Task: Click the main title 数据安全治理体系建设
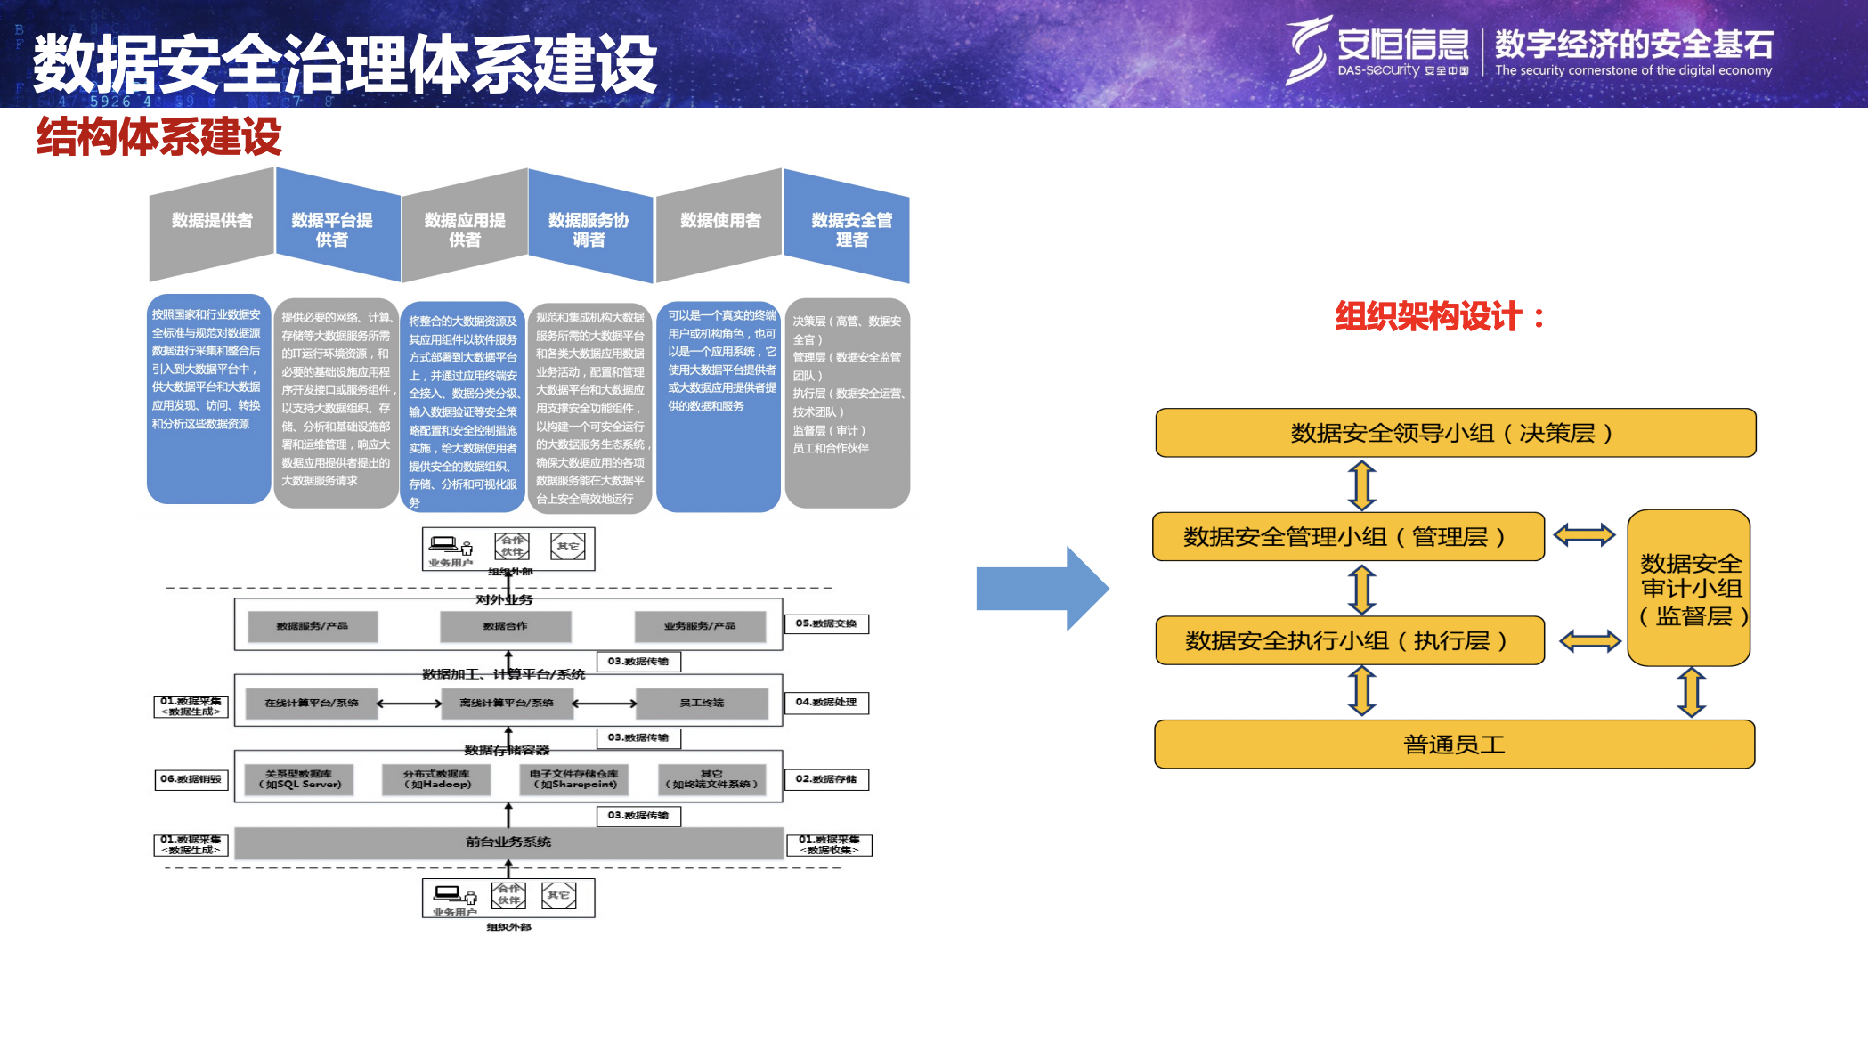pos(345,64)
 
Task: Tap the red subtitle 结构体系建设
pos(158,137)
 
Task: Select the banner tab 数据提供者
pos(212,221)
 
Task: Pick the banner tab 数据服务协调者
pos(589,230)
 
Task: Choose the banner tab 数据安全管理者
pos(851,230)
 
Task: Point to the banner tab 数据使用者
pos(720,221)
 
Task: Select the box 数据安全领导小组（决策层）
pos(1455,434)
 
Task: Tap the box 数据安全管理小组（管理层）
pos(1347,537)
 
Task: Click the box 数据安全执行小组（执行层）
pos(1349,640)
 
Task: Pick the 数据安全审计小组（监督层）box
pos(1689,588)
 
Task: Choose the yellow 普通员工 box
pos(1454,745)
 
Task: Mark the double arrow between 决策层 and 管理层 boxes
pos(1362,485)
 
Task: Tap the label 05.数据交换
pos(825,624)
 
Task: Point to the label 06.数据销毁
pos(191,780)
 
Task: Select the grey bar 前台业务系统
pos(508,843)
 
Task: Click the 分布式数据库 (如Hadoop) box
pos(436,779)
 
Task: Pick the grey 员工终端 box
pos(702,704)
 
